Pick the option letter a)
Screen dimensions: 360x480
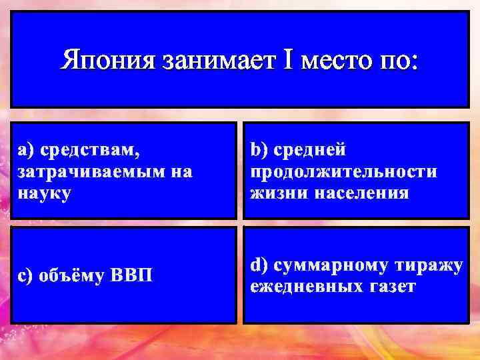tap(25, 150)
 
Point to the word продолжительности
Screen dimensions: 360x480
tap(344, 172)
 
